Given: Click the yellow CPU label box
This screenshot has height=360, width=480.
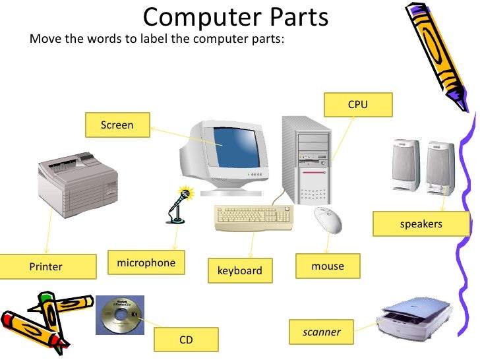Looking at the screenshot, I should point(358,105).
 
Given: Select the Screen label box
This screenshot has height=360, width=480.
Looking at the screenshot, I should point(117,125).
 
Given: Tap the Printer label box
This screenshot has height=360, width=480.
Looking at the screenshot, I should point(45,266).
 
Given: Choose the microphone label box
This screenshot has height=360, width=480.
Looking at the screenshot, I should point(146,262).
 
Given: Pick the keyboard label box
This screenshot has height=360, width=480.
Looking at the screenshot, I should point(239,270).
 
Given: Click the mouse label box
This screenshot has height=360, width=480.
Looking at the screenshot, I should point(328,266).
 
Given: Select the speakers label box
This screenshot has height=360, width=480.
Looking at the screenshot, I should point(421,224).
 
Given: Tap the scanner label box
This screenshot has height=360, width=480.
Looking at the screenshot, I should point(322,332).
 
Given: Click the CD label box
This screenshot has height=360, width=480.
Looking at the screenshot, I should point(186,340).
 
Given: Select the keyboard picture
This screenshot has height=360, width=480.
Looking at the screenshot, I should point(253,218).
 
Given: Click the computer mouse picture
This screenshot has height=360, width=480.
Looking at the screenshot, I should point(328,220).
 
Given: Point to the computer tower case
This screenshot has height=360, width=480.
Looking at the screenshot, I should point(307,158).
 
